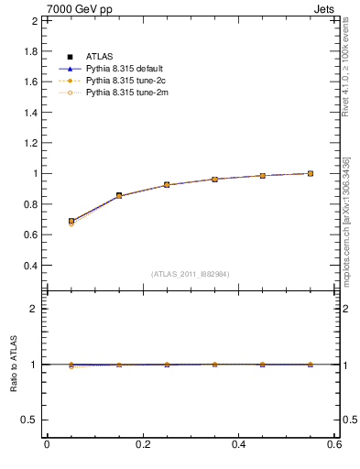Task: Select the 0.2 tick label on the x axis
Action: pyautogui.click(x=143, y=445)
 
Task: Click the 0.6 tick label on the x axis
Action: pyautogui.click(x=334, y=445)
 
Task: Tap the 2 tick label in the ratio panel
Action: pyautogui.click(x=34, y=309)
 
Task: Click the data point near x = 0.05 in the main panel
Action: pyautogui.click(x=71, y=222)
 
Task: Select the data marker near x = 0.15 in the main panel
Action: pyautogui.click(x=119, y=196)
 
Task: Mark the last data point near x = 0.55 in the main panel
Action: pyautogui.click(x=311, y=173)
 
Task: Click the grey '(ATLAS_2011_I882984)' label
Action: pyautogui.click(x=191, y=274)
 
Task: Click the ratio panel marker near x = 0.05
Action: pyautogui.click(x=71, y=365)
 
